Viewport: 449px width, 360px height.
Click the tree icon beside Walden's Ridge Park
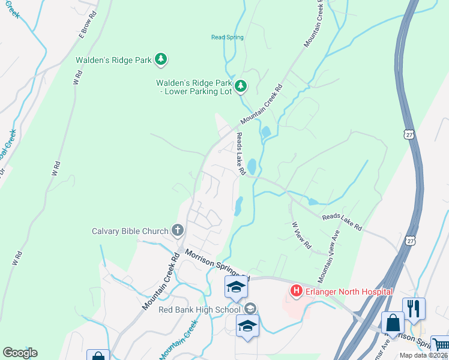click(x=160, y=59)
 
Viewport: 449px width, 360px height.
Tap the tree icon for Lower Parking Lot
click(x=240, y=87)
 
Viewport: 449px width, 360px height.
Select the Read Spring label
click(x=228, y=37)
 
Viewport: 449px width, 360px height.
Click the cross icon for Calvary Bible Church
click(x=177, y=230)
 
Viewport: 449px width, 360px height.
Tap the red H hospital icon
click(x=295, y=292)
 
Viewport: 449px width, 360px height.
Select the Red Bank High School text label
click(x=199, y=310)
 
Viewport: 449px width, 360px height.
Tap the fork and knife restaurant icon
click(x=414, y=308)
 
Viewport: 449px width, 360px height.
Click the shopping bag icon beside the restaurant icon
click(x=393, y=323)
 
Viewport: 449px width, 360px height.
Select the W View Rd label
click(x=302, y=235)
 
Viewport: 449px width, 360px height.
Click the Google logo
click(x=20, y=353)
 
